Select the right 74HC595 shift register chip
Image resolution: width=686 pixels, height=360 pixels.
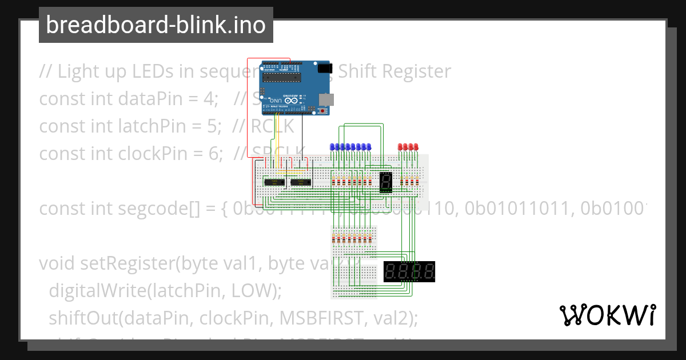click(301, 182)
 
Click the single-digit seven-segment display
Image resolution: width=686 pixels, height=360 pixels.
click(385, 182)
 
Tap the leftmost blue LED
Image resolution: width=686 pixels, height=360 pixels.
click(333, 147)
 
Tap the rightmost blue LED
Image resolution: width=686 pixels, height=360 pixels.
click(369, 147)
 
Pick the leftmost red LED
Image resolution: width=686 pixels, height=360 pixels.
click(401, 147)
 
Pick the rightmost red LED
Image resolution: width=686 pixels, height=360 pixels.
click(417, 147)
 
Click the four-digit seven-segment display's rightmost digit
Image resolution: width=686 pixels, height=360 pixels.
click(428, 271)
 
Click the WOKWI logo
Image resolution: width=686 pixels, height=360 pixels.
click(607, 315)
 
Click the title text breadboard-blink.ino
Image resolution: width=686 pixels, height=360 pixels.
click(155, 25)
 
